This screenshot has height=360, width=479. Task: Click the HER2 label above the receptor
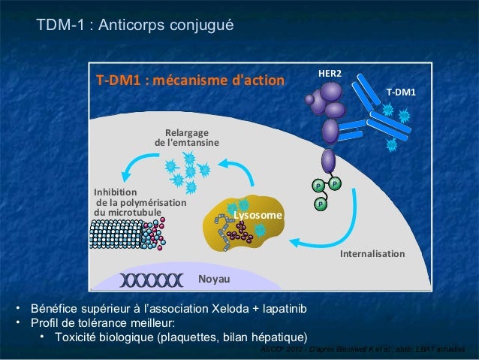pos(330,74)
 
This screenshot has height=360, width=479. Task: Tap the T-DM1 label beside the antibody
pos(400,92)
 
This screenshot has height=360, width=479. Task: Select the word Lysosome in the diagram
pos(258,216)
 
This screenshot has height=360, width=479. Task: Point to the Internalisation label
pos(372,255)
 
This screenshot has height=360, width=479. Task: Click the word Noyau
pos(214,280)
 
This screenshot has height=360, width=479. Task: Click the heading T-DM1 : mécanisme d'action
pos(189,80)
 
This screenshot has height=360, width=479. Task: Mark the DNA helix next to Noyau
pos(151,280)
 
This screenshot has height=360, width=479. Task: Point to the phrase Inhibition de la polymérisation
pos(138,202)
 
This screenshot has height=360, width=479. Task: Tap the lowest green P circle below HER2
pos(321,203)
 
